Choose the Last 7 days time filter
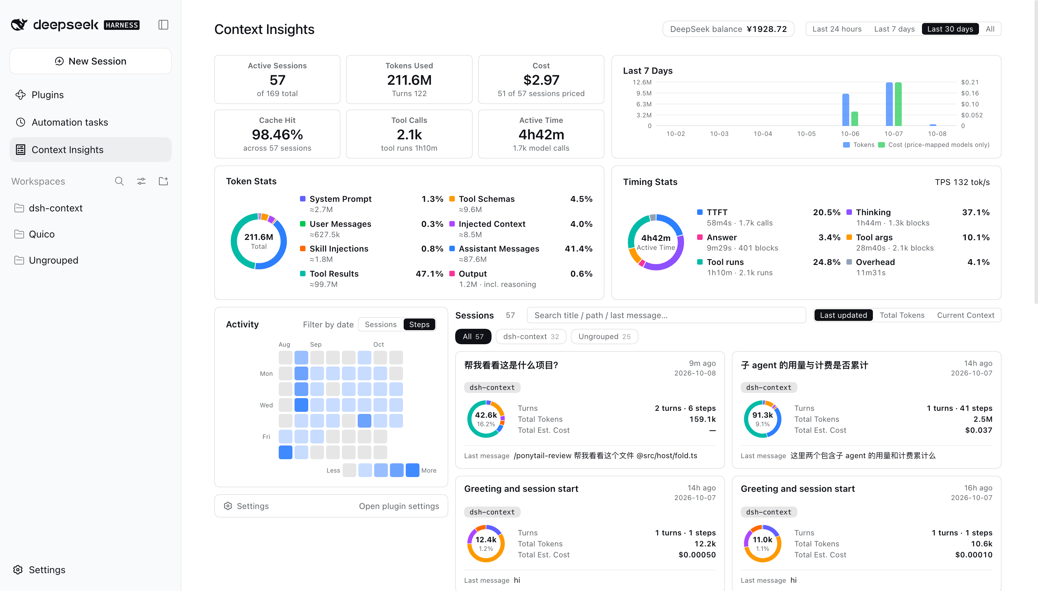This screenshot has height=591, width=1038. coord(894,29)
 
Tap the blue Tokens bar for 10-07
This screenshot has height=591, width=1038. coord(889,104)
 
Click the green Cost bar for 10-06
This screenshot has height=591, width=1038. coord(854,118)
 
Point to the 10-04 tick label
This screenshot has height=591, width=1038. coord(762,134)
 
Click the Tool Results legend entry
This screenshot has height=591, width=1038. coord(334,274)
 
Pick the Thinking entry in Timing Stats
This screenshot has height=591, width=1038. coord(873,212)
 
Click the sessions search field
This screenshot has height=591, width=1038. coord(666,315)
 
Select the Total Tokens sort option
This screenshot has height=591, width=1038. coord(902,315)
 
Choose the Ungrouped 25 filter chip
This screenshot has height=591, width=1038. coord(604,336)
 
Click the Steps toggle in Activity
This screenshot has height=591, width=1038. coord(419,325)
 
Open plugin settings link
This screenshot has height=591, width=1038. coord(399,506)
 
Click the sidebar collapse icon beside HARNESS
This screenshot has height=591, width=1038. coord(163,25)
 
